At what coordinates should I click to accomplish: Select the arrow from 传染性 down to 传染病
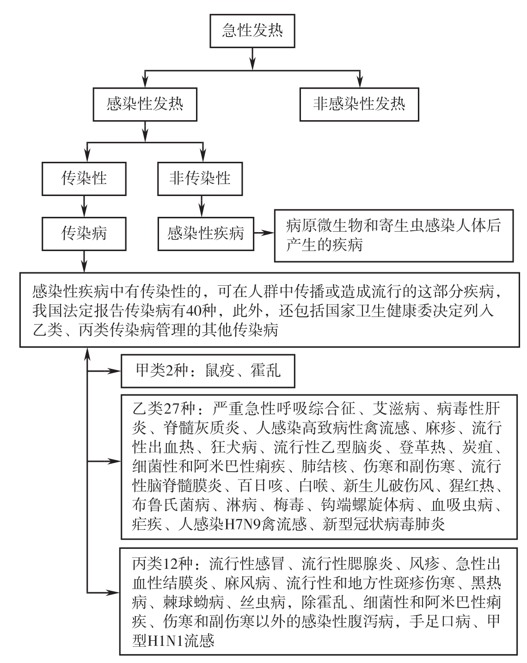pos(84,206)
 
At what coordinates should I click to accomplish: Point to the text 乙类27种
pos(164,409)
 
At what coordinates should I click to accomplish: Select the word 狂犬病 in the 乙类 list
pos(233,447)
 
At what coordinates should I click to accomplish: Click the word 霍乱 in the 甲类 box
pos(265,370)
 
